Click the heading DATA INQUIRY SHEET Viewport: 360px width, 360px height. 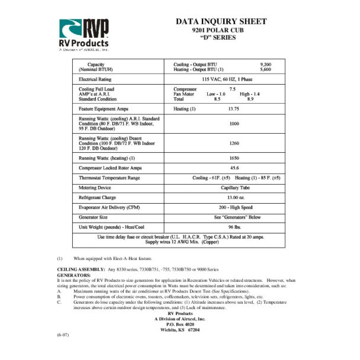point(220,22)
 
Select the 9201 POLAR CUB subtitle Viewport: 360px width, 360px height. point(220,30)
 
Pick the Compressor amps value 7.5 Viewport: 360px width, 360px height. point(233,89)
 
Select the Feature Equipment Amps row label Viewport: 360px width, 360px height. point(104,109)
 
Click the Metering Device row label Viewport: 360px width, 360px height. point(95,187)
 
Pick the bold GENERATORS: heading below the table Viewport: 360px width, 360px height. point(73,275)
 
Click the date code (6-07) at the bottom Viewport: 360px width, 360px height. point(63,335)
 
